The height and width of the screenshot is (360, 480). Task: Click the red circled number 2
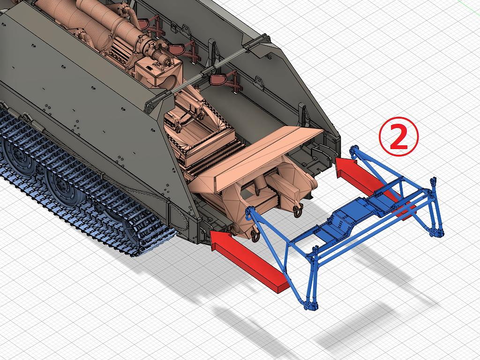(398, 137)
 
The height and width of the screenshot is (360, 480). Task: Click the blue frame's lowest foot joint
(311, 305)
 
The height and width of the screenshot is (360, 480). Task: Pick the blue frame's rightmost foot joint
(437, 232)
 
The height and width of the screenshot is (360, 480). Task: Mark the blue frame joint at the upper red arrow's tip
(354, 150)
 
